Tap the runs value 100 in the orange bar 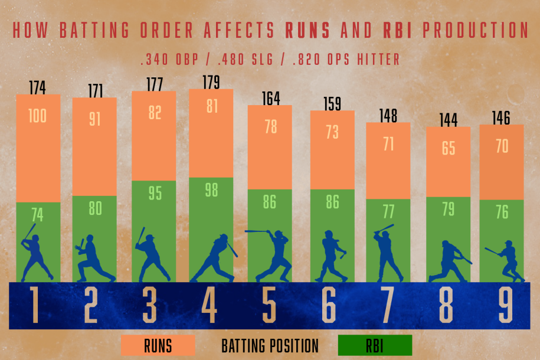(x=38, y=116)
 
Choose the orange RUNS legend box (x=158, y=345)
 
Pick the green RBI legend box (x=374, y=345)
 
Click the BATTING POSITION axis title (x=270, y=345)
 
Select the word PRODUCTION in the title (x=470, y=31)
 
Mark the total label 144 (x=448, y=120)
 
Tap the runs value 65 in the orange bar (x=448, y=148)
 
